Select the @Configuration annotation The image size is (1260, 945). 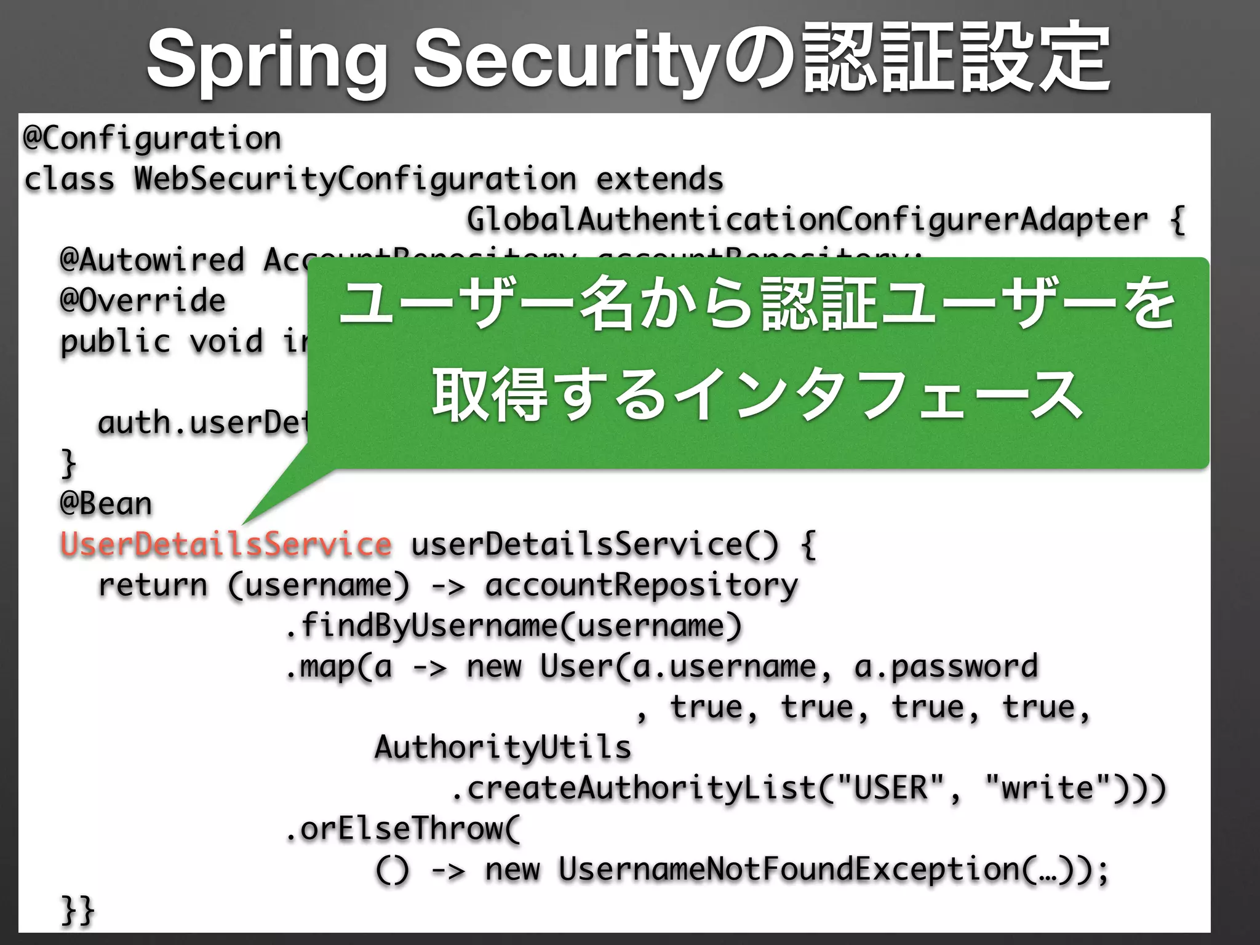pos(152,138)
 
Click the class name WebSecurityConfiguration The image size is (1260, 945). pos(355,179)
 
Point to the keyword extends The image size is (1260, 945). pos(660,179)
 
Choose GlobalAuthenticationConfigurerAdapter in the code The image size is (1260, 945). pos(807,220)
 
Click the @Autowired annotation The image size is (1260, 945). pos(152,260)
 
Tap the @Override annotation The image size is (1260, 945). pos(143,301)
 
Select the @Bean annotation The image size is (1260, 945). pos(106,504)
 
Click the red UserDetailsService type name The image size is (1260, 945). pos(226,544)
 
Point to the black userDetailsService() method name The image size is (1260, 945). pos(594,544)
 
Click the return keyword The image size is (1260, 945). pos(153,585)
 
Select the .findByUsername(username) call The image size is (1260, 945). pos(514,626)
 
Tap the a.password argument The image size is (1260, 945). pos(946,666)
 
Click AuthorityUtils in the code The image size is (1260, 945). pos(503,748)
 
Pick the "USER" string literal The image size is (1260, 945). pos(890,788)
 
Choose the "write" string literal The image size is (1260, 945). pos(1056,788)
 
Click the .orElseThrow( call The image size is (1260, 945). pos(403,829)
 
